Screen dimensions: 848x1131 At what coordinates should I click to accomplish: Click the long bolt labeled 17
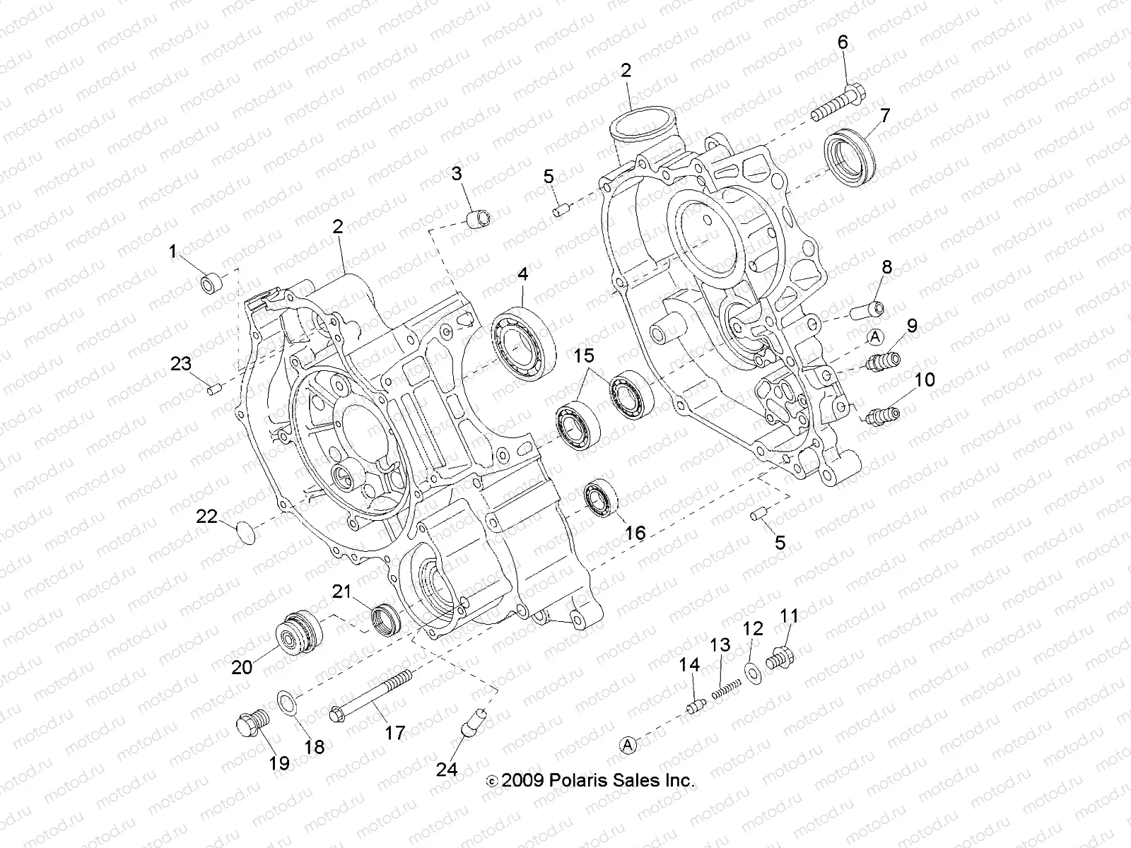coord(371,700)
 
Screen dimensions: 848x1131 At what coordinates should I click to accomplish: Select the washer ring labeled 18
coord(288,702)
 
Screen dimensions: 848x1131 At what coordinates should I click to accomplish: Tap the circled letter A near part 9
coord(874,336)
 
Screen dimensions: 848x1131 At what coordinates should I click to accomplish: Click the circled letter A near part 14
coord(628,743)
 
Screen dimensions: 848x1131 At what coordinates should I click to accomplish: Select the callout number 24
coord(447,770)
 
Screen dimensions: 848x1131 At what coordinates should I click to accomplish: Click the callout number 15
coord(584,355)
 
